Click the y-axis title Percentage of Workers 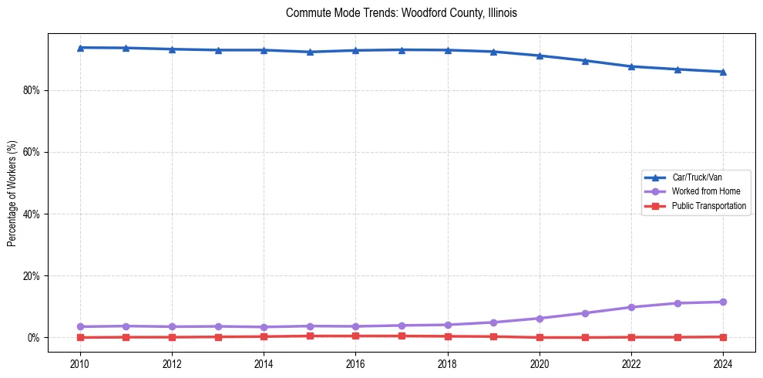(x=12, y=193)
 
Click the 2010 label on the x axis (x=79, y=363)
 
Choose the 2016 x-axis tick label (x=355, y=363)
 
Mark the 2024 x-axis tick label (x=723, y=363)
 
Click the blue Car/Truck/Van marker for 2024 (x=723, y=72)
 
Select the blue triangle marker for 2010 (x=79, y=48)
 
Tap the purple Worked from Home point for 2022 (x=631, y=307)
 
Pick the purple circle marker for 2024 (x=723, y=302)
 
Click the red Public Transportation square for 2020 (x=539, y=337)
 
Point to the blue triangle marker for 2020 (x=539, y=56)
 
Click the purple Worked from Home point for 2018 (x=447, y=325)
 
